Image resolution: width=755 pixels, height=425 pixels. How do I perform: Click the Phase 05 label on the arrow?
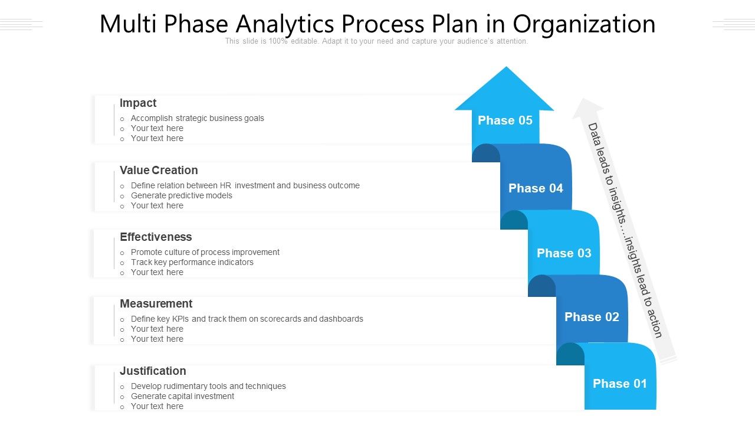(x=505, y=120)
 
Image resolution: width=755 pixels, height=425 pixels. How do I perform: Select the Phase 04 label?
(x=536, y=188)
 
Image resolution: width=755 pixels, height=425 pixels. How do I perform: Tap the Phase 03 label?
(x=564, y=253)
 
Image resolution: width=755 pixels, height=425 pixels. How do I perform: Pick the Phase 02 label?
(x=592, y=317)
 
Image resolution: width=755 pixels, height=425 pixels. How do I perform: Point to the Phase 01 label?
(x=620, y=384)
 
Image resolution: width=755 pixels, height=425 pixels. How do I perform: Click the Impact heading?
(x=138, y=103)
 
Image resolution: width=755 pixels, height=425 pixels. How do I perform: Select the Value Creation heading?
(x=159, y=171)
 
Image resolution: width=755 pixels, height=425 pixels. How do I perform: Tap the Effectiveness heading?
(x=156, y=237)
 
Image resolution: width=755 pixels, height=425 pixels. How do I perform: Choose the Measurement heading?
(x=156, y=304)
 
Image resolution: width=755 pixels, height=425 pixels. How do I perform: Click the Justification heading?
(x=153, y=371)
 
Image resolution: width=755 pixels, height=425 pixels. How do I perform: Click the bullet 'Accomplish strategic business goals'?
(x=197, y=118)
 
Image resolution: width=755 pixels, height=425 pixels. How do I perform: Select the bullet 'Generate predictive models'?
(x=181, y=195)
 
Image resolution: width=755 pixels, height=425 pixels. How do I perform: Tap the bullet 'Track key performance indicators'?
(x=192, y=262)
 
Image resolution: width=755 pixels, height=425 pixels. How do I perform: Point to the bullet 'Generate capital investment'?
(x=182, y=396)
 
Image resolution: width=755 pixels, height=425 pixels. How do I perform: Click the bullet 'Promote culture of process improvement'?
(x=205, y=252)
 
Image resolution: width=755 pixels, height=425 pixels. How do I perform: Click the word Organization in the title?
(x=583, y=24)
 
